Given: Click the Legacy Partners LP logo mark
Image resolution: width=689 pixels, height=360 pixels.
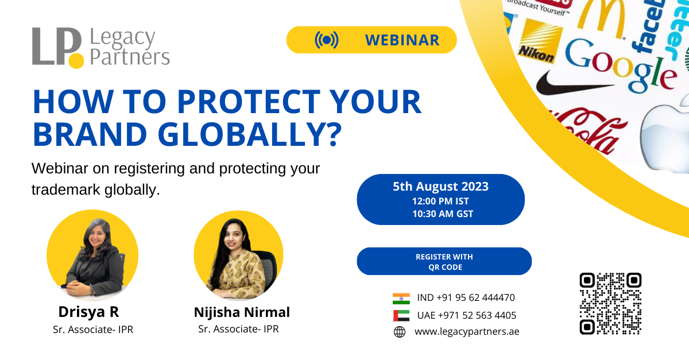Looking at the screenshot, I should click(x=57, y=47).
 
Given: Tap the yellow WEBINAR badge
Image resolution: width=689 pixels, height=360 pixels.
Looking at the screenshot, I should click(x=371, y=40).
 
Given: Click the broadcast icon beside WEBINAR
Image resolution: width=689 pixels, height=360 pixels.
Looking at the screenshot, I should click(x=326, y=40).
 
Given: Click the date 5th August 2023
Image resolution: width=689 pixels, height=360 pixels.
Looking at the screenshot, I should click(x=440, y=186).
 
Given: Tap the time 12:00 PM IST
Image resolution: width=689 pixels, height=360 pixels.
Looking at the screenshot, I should click(x=440, y=201).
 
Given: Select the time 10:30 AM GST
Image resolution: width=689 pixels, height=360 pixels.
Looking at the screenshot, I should click(x=440, y=214).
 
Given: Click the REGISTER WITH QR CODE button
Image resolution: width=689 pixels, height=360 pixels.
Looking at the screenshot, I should click(x=444, y=261).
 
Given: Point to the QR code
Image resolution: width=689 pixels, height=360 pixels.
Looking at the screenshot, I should click(x=610, y=303).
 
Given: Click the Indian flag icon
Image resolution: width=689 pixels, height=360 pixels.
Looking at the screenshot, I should click(x=401, y=298).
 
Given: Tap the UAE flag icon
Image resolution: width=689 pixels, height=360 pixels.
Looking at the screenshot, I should click(x=401, y=315).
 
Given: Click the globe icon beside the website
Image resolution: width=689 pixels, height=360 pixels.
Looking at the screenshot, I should click(x=400, y=332).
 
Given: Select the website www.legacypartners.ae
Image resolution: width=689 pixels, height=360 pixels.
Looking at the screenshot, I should click(x=466, y=331).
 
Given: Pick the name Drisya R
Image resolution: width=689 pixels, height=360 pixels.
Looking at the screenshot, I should click(x=88, y=312).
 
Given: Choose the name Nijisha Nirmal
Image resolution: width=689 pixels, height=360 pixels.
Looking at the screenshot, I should click(x=242, y=312).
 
